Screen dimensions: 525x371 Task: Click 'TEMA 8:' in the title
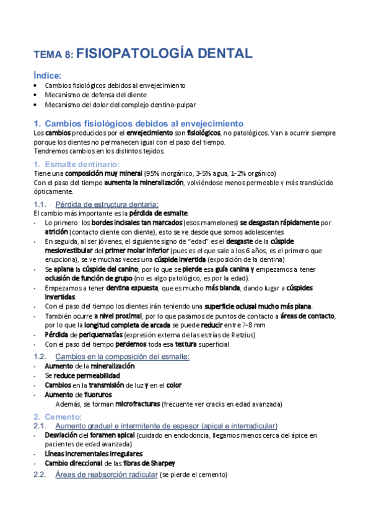53,54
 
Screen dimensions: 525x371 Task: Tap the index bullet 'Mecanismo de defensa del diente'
96,95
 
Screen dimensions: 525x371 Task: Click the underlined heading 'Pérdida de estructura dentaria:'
107,204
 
